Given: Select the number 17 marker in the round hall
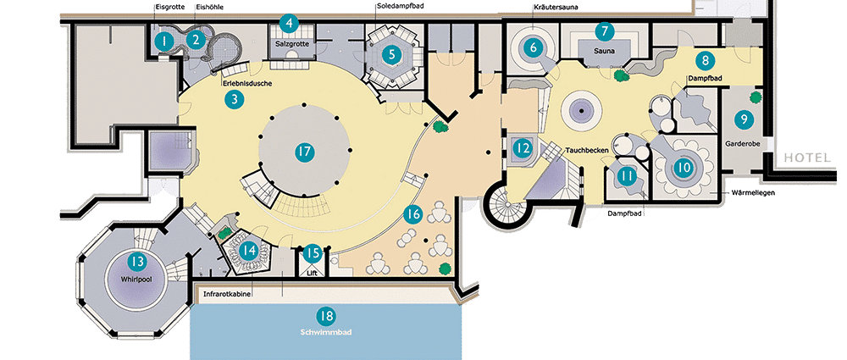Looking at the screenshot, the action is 305,152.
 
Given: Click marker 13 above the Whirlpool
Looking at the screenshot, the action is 136,262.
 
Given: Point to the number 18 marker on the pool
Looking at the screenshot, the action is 327,316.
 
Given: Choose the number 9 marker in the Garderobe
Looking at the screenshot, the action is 744,119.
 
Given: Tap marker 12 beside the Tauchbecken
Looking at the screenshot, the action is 521,147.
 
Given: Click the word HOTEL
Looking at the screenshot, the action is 807,158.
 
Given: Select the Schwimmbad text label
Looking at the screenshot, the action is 326,332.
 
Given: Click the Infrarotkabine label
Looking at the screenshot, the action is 226,295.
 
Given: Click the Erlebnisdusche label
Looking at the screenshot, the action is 246,84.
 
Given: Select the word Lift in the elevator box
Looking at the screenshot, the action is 313,273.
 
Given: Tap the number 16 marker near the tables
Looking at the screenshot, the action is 412,214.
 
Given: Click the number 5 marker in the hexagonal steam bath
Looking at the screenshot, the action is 391,53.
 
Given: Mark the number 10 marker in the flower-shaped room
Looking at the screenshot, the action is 684,168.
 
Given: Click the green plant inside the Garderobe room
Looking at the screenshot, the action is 756,97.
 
